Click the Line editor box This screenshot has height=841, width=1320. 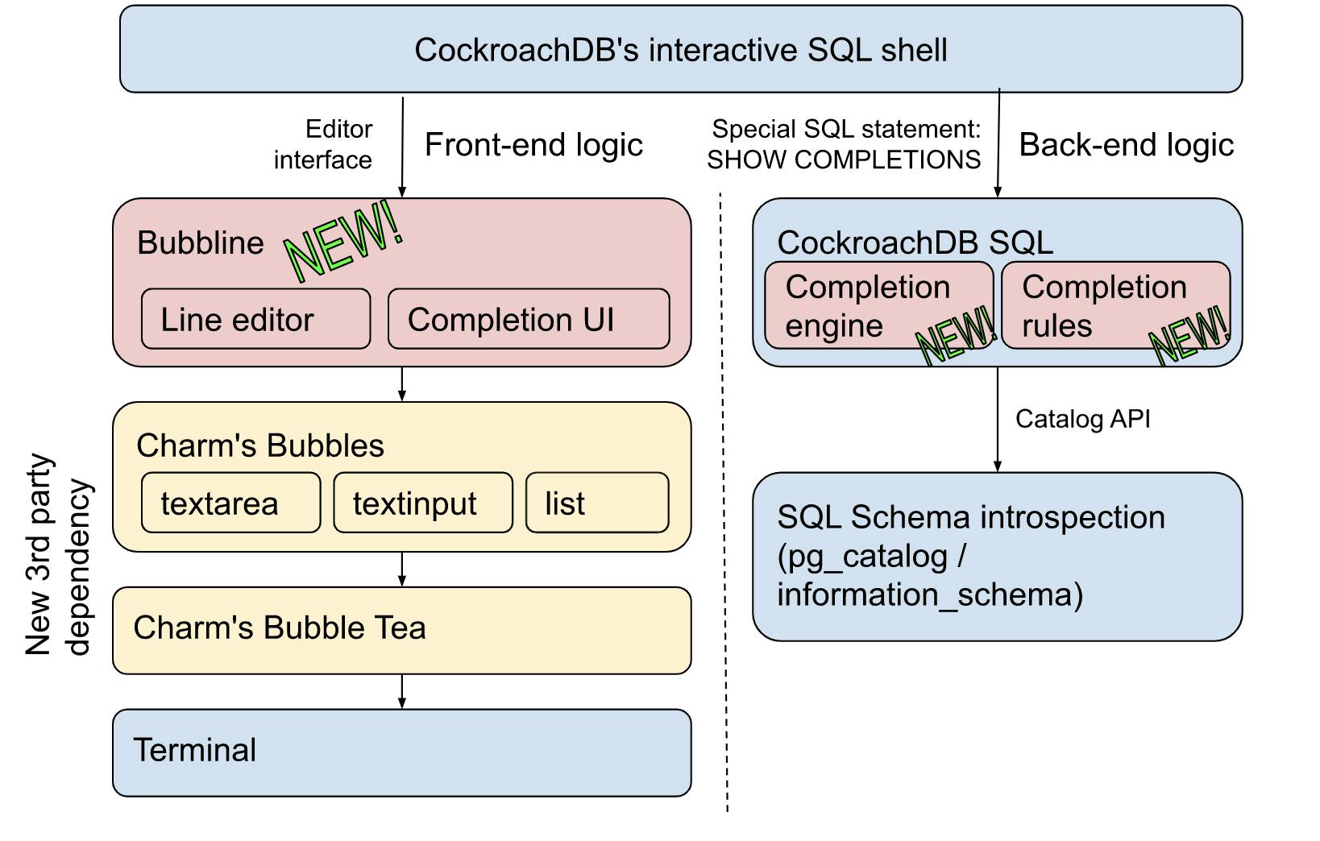[x=255, y=319]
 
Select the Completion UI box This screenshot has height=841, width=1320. [x=528, y=319]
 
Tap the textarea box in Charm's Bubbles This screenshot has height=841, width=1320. [x=230, y=503]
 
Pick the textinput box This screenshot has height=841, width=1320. [x=422, y=503]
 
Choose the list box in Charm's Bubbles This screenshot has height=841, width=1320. [x=596, y=503]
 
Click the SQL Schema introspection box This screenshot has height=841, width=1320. [x=997, y=556]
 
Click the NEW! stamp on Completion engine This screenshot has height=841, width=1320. [x=957, y=335]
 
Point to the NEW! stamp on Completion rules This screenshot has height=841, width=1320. [x=1190, y=335]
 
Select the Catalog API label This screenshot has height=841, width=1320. [x=1082, y=419]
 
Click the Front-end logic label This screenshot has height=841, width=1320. [x=533, y=145]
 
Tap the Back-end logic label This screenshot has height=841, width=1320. [x=1126, y=145]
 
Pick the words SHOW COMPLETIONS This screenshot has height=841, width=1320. [x=844, y=160]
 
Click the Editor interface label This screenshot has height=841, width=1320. [x=324, y=144]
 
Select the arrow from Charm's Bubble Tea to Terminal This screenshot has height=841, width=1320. [x=401, y=691]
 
